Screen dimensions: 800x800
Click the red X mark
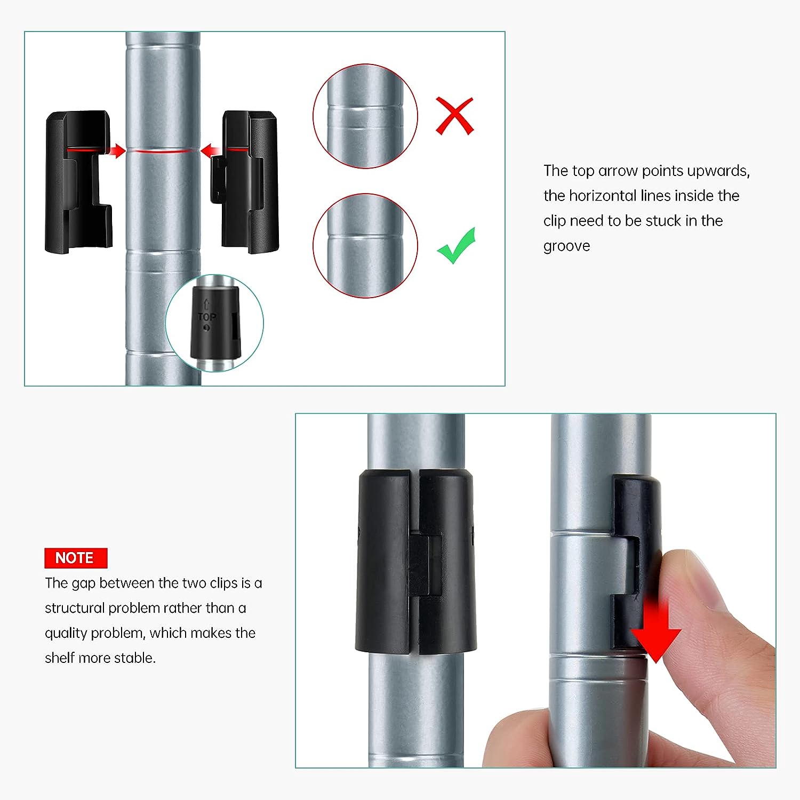455,116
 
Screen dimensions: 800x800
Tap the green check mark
456,246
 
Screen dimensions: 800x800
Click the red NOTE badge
76,558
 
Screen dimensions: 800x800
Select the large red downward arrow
655,630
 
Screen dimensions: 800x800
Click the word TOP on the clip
206,317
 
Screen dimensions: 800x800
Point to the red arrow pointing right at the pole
115,151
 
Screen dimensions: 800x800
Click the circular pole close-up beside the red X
365,116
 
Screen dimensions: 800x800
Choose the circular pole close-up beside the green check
365,245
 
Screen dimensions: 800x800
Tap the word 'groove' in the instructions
567,246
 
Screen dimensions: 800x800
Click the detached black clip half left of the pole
79,181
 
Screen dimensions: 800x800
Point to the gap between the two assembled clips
415,560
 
